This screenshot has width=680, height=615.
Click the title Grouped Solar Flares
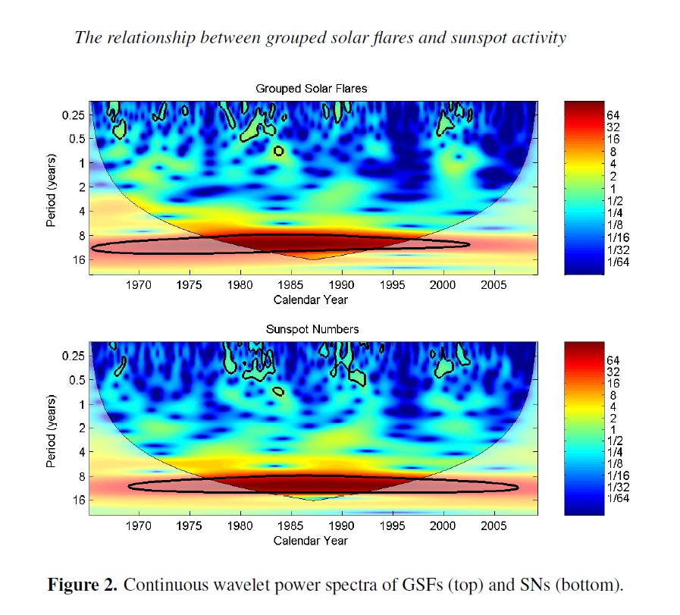coord(311,89)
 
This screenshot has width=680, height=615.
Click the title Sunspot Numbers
coord(311,330)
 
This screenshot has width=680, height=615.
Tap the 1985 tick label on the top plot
coord(291,286)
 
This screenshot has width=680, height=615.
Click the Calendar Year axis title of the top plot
coord(311,300)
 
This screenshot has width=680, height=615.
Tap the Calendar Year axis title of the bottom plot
coord(311,541)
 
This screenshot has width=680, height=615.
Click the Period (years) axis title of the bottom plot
coord(51,428)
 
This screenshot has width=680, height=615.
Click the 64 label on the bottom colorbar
coord(613,360)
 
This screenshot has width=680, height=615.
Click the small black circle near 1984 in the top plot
coord(279,151)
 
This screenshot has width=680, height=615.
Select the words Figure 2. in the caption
coord(83,585)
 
